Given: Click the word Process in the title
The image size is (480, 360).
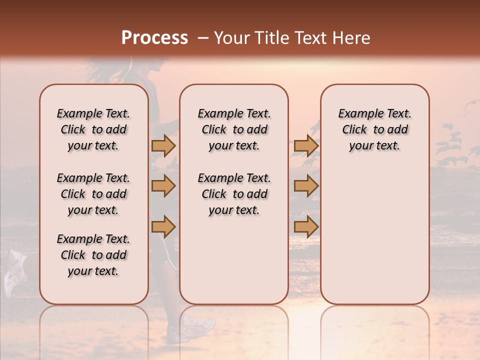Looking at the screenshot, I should pyautogui.click(x=154, y=37).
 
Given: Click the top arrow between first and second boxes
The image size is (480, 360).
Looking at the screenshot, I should pyautogui.click(x=163, y=145).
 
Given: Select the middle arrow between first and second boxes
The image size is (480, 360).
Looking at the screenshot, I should pyautogui.click(x=163, y=186).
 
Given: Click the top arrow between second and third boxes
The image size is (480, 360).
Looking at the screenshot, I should pyautogui.click(x=306, y=145).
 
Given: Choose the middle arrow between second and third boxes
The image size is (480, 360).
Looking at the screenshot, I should pyautogui.click(x=306, y=186).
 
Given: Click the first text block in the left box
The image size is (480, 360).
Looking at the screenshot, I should pyautogui.click(x=93, y=129).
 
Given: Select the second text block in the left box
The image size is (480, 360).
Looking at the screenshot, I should pyautogui.click(x=93, y=194).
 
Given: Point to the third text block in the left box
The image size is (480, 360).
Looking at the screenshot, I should pyautogui.click(x=93, y=255).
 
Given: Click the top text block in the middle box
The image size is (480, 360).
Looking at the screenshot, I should pyautogui.click(x=234, y=129).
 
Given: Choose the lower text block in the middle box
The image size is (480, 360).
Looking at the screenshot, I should pyautogui.click(x=234, y=194).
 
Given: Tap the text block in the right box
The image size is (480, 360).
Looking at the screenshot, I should pyautogui.click(x=374, y=129).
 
